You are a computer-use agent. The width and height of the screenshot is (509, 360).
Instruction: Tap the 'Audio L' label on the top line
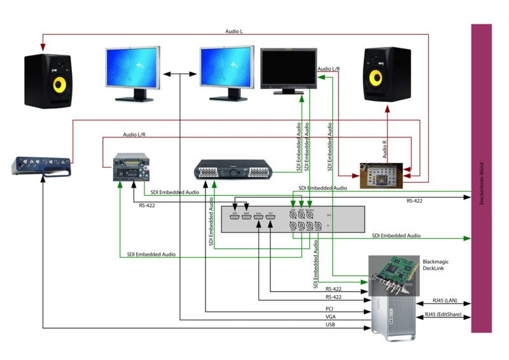(234, 31)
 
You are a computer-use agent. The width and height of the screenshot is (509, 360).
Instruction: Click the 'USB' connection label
(329, 325)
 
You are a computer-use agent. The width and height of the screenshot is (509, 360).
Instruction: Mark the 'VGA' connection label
(330, 316)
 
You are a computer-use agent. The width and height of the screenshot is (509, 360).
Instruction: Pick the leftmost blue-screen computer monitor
(133, 71)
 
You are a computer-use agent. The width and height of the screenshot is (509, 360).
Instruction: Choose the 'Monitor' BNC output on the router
(309, 214)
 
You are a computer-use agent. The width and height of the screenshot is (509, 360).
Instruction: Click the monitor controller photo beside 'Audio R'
(380, 174)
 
